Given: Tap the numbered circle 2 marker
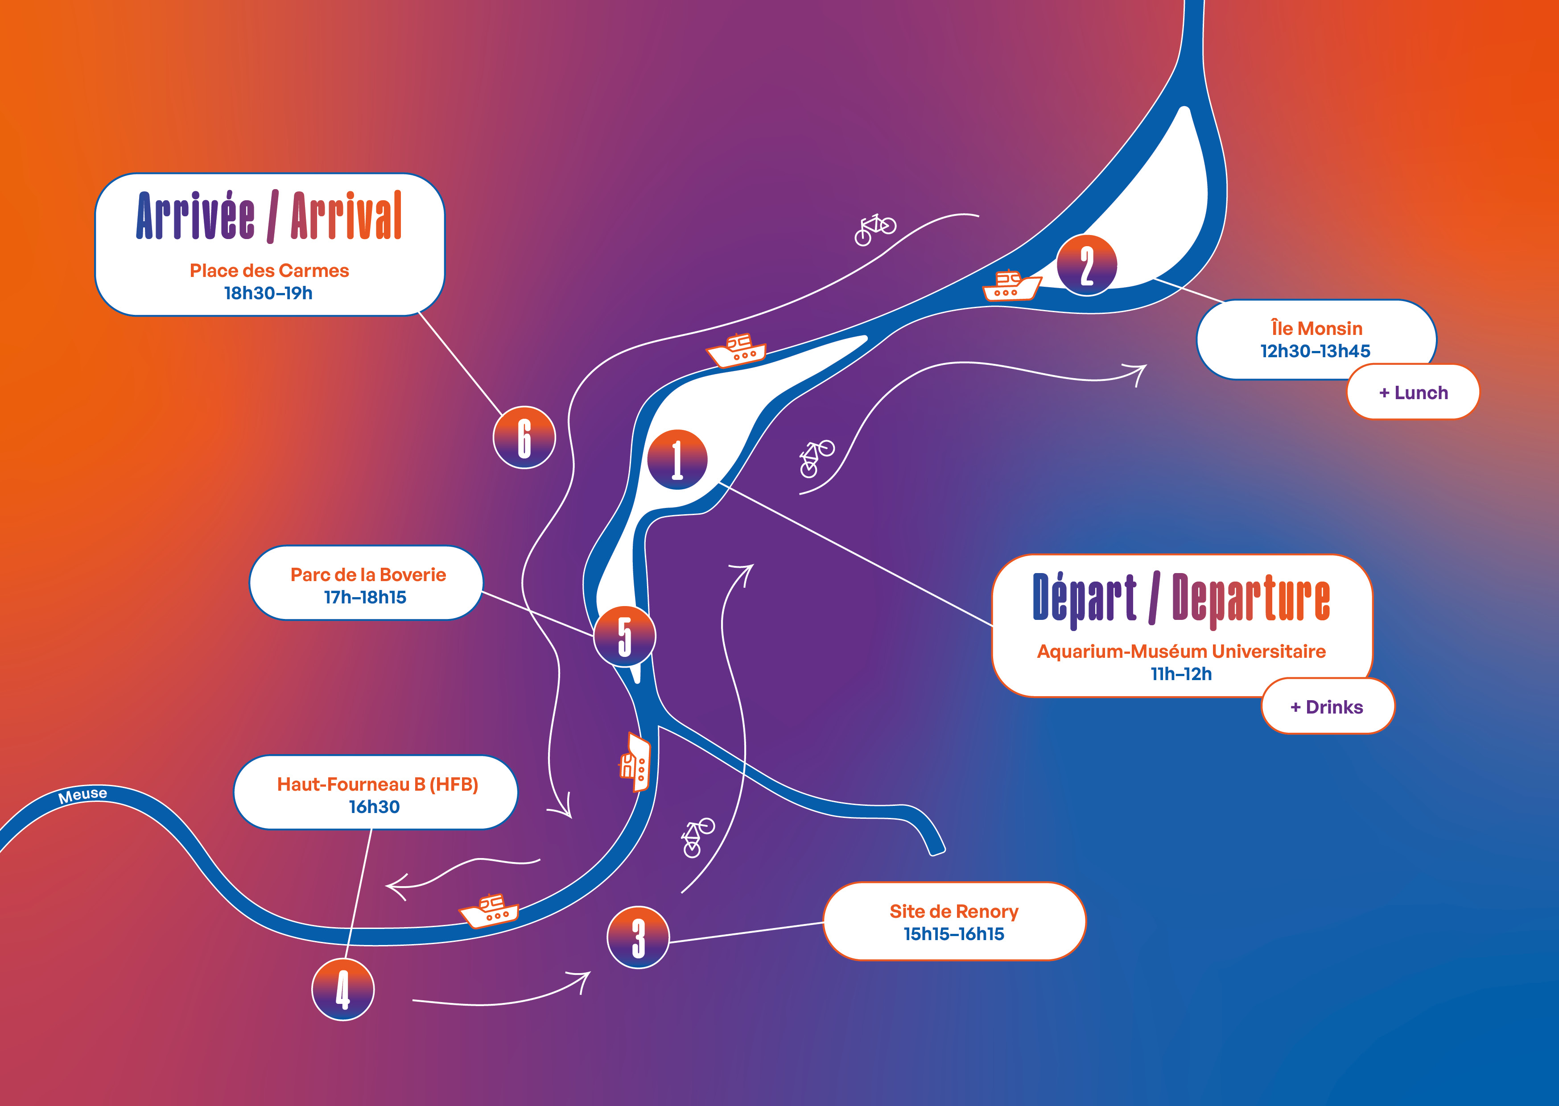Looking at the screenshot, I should coord(1087,265).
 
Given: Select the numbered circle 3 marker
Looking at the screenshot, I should coord(638,937).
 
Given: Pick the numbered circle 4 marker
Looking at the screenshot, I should coord(342,989).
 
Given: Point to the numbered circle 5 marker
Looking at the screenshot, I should coord(624,636).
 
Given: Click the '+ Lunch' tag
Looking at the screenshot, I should coord(1413,392).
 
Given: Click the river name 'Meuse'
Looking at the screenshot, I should coord(82,795).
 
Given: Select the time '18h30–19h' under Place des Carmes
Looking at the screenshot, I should coord(268,293).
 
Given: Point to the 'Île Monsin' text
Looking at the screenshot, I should coord(1317,328).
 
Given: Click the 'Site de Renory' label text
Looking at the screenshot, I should coord(954,911).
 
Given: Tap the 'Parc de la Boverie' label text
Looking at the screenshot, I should coord(367,575).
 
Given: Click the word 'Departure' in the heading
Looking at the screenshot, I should coord(1250,598).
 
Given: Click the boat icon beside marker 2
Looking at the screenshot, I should coord(1011,286).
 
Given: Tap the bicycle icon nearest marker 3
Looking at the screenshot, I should coord(697,836).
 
